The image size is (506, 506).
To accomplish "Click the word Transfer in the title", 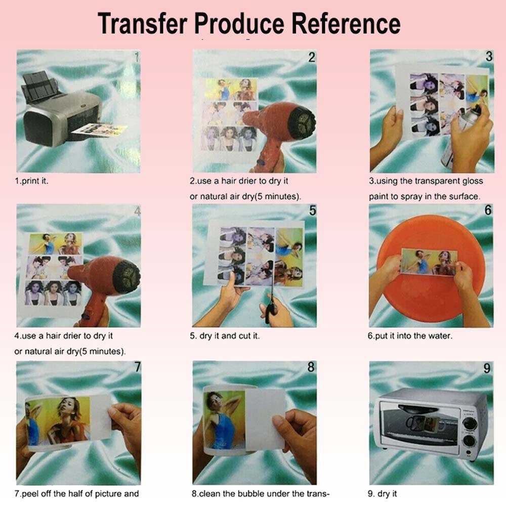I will (x=142, y=23).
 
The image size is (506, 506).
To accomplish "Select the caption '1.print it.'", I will (x=31, y=181).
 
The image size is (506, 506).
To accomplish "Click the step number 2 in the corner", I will (x=312, y=58).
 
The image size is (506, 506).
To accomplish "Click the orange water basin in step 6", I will (x=430, y=299).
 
